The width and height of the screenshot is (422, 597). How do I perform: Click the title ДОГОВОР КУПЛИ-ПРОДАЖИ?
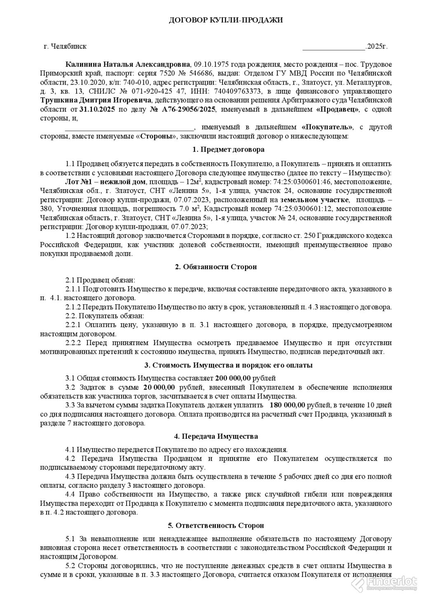coord(226,20)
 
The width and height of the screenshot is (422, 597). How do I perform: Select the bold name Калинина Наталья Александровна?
coord(128,65)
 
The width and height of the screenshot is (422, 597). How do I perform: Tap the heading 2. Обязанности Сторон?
coord(216,267)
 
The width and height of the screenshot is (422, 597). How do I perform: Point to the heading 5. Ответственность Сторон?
coord(216,525)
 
